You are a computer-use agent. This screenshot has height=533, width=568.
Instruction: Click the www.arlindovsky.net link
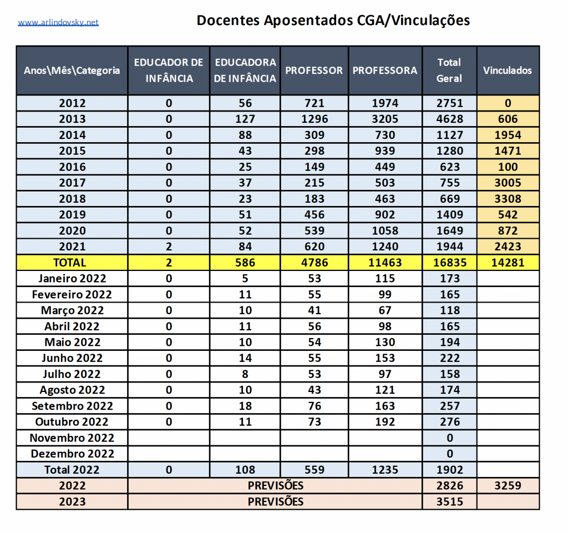pyautogui.click(x=58, y=22)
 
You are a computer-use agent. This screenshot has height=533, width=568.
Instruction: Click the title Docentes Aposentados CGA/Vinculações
pyautogui.click(x=333, y=21)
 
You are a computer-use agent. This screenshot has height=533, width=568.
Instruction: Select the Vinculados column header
pyautogui.click(x=508, y=71)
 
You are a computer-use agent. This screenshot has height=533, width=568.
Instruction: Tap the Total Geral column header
pyautogui.click(x=449, y=71)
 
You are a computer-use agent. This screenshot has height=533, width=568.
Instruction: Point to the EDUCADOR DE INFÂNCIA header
pyautogui.click(x=169, y=71)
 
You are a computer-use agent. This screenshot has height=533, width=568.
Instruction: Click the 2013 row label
pyautogui.click(x=72, y=119)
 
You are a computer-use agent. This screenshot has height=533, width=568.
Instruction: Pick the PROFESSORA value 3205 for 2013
pyautogui.click(x=385, y=119)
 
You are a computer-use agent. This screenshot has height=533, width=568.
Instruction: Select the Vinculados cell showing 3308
pyautogui.click(x=508, y=199)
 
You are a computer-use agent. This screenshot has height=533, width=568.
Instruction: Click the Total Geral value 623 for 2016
pyautogui.click(x=449, y=167)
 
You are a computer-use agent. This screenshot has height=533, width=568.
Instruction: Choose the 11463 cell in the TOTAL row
pyautogui.click(x=385, y=263)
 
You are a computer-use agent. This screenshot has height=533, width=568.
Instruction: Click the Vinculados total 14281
pyautogui.click(x=508, y=263)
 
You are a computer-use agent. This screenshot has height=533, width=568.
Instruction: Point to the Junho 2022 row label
pyautogui.click(x=72, y=358)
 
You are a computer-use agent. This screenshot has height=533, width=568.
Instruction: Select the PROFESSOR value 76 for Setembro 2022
pyautogui.click(x=315, y=406)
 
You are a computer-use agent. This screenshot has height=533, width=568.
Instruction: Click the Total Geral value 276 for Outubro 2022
pyautogui.click(x=449, y=422)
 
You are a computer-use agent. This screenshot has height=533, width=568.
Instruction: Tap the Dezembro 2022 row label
pyautogui.click(x=72, y=454)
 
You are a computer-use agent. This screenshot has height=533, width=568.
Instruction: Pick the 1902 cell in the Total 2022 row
pyautogui.click(x=449, y=470)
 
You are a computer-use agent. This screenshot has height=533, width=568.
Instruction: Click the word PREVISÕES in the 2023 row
pyautogui.click(x=276, y=501)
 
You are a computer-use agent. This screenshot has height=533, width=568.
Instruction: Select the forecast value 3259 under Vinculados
pyautogui.click(x=508, y=486)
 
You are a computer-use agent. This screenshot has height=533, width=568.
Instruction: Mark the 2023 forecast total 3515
pyautogui.click(x=449, y=501)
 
